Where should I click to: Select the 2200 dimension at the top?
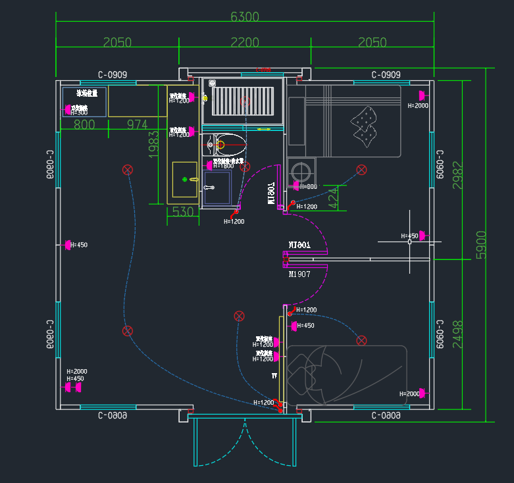(245, 43)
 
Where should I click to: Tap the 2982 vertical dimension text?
(457, 175)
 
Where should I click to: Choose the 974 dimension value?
(138, 124)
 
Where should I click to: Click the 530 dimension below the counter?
(183, 212)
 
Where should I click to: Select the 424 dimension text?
(334, 198)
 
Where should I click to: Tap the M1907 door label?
(299, 274)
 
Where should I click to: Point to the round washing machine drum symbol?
(302, 171)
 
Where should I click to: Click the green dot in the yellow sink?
(185, 178)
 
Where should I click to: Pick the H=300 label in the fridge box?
(78, 113)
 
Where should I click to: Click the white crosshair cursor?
(409, 242)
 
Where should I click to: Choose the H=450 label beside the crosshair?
(409, 236)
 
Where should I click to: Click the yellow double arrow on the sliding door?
(263, 129)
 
